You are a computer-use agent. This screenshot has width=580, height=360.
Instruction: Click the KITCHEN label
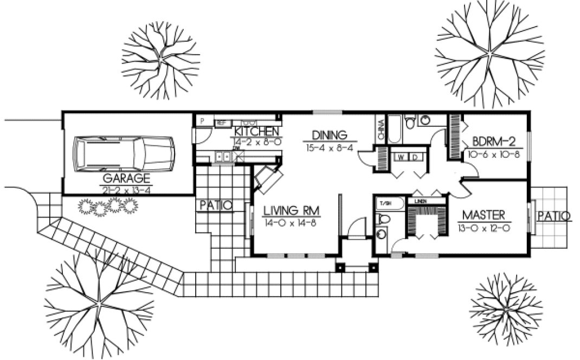pos(256,132)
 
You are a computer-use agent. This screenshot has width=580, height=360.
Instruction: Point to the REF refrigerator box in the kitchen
pos(221,123)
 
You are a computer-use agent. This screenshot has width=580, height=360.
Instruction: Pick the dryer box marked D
pos(415,157)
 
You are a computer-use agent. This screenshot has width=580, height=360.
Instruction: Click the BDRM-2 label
pos(493,142)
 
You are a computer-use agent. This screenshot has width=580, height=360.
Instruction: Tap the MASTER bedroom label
pos(485,214)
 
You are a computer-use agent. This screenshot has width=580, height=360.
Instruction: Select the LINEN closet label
pos(421,201)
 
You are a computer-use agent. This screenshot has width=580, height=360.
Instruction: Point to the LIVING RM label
pos(291,210)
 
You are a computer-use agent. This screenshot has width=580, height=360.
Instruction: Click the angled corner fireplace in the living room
pos(268,179)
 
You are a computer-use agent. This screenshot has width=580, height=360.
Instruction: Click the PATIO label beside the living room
pos(215,205)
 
